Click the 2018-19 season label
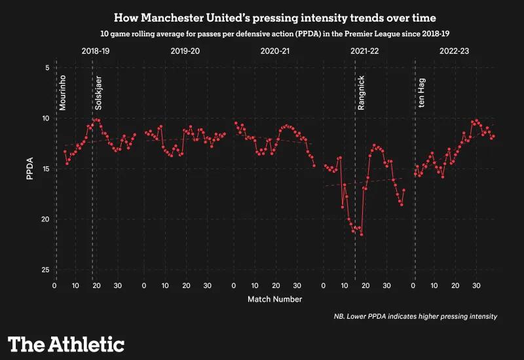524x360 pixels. pos(96,50)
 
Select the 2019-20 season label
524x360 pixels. pos(185,50)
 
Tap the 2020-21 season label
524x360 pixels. pos(275,50)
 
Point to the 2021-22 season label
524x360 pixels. pos(365,50)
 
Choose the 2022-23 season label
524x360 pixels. pos(455,50)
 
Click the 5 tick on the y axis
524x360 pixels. pos(47,68)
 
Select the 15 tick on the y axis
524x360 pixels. pos(46,169)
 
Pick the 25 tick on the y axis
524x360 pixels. pos(46,270)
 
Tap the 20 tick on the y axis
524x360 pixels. pos(46,219)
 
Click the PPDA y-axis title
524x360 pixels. pos(30,169)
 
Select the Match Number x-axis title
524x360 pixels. pos(274,299)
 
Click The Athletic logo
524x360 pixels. pos(66,344)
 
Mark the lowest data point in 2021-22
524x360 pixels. pos(362,234)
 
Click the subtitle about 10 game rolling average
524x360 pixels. pos(262,32)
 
